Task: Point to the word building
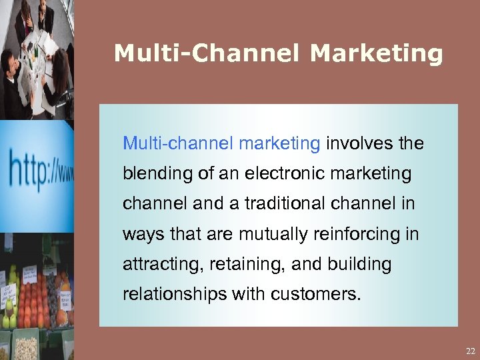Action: click(x=359, y=265)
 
